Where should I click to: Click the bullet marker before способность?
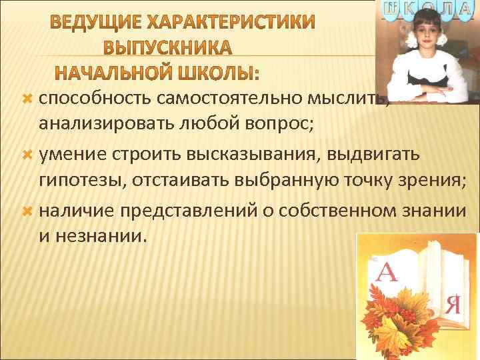27,99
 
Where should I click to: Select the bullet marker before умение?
27,155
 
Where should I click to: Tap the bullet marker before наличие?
27,211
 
